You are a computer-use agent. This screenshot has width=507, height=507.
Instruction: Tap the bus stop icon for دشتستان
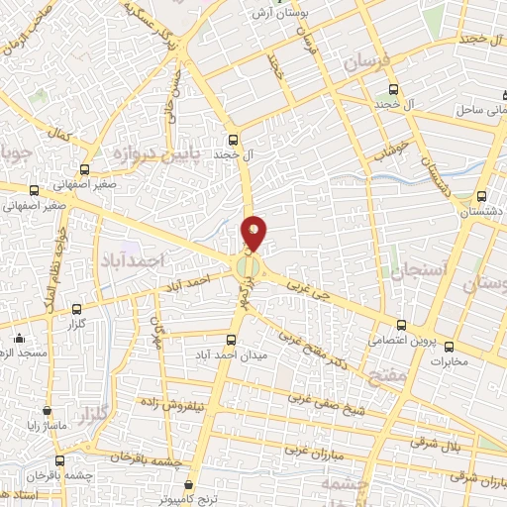481,196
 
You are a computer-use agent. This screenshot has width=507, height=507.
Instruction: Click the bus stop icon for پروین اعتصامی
401,324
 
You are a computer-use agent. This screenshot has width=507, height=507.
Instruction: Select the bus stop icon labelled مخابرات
449,347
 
